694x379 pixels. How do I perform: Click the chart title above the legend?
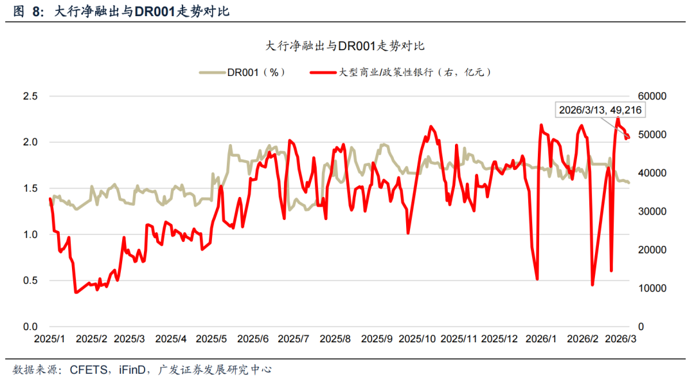point(345,46)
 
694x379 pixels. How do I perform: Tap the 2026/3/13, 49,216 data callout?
point(600,111)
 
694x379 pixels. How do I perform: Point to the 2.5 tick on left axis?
point(31,96)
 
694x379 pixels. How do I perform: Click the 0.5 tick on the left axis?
point(31,281)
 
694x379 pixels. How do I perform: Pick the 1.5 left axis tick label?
point(31,189)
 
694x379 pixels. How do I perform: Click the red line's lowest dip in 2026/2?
point(592,284)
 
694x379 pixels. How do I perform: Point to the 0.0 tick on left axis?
point(31,327)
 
